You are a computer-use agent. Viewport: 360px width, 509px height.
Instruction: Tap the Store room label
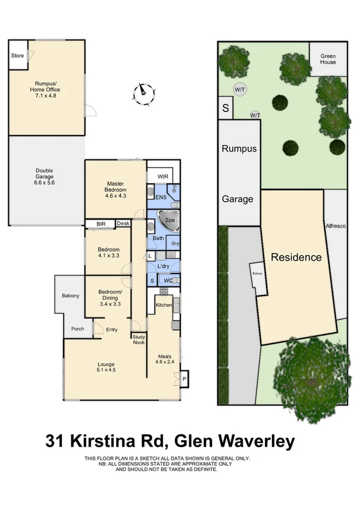[17, 56]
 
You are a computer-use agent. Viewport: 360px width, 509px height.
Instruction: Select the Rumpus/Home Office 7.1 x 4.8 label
[45, 89]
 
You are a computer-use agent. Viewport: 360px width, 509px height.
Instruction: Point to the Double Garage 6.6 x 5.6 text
[44, 177]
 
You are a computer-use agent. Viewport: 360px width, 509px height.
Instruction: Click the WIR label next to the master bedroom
[163, 177]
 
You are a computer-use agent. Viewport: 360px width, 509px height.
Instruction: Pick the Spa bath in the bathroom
[168, 221]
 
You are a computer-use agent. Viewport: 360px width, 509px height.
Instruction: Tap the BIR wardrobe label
[101, 224]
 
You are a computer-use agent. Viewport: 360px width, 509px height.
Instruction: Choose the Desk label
[123, 224]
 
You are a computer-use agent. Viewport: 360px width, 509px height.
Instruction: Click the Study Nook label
[139, 340]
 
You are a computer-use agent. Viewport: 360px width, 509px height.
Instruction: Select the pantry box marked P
[184, 379]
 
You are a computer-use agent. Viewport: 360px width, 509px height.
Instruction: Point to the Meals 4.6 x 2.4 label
[165, 359]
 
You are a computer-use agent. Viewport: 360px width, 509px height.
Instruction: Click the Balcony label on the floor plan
[70, 296]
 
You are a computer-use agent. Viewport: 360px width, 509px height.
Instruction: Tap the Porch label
[77, 329]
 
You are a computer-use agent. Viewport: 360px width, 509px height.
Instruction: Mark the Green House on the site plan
[328, 59]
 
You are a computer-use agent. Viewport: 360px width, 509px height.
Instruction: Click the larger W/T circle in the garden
[240, 89]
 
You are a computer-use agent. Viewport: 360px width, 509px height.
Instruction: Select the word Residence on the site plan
[296, 257]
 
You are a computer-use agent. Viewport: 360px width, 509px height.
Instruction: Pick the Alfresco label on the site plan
[335, 226]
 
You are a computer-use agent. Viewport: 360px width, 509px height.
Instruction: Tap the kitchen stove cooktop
[164, 291]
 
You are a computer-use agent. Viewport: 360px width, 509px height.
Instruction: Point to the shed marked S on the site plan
[226, 108]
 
